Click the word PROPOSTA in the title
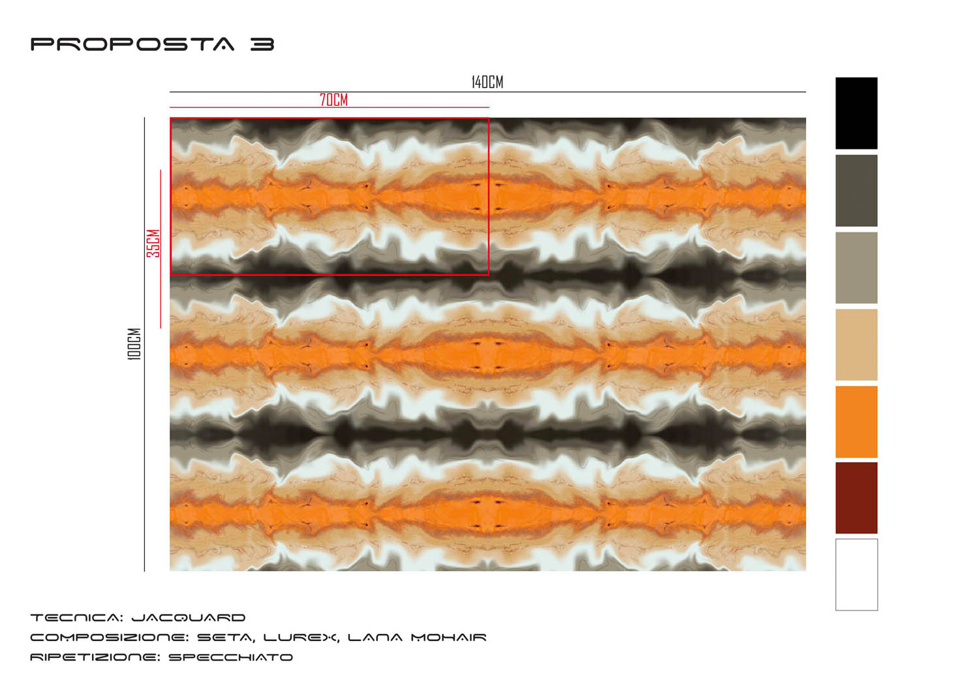(x=132, y=44)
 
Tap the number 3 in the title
(x=262, y=44)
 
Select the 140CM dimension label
(x=488, y=82)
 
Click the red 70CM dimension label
(x=334, y=100)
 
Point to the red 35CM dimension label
(x=153, y=243)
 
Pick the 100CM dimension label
(x=134, y=344)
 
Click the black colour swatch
(x=856, y=113)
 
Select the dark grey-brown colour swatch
(x=856, y=191)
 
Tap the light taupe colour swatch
(x=856, y=268)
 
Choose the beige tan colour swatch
(x=856, y=345)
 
